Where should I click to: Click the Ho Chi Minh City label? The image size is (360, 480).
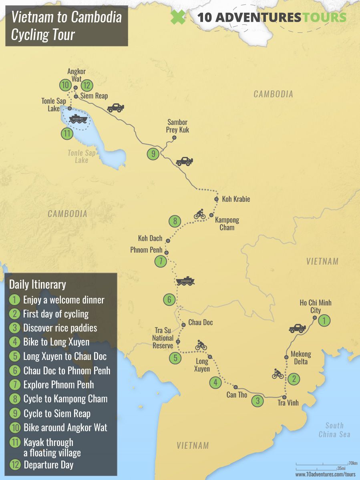pos(316,307)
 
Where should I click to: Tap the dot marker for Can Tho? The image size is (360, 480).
pos(235,387)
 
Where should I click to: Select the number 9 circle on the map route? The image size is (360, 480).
pos(153,154)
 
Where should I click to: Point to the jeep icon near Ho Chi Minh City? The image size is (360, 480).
pos(297,329)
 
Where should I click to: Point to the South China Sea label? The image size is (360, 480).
pos(334,430)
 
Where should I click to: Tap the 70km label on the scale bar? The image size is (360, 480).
pos(353,463)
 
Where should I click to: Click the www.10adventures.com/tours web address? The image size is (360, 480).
pos(325,474)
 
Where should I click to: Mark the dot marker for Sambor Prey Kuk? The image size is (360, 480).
pos(174,138)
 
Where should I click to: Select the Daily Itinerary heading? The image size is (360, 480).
pos(38,285)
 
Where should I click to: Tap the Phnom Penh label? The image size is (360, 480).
pos(146,250)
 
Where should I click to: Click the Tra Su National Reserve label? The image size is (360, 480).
pos(163,338)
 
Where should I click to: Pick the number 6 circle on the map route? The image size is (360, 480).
pos(169,299)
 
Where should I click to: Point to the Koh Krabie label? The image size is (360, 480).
pos(236,199)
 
